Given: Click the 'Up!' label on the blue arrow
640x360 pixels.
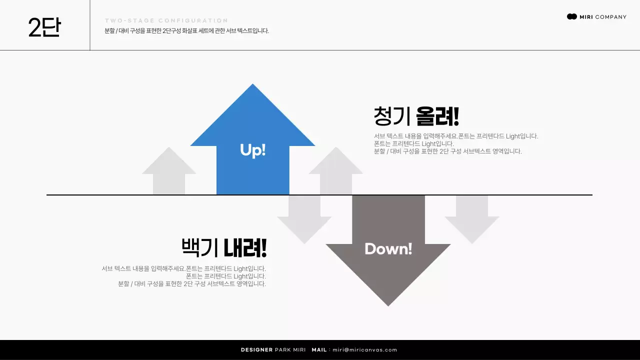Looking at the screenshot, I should [252, 150].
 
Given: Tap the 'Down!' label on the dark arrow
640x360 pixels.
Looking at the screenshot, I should [388, 248].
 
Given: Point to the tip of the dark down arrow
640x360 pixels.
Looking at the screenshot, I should [388, 304].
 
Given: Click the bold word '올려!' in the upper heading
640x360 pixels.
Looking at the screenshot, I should [437, 116].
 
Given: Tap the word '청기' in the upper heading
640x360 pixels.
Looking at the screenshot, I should [392, 116].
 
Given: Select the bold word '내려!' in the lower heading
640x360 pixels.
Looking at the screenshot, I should [245, 247].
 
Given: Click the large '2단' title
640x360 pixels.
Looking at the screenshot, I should [44, 27].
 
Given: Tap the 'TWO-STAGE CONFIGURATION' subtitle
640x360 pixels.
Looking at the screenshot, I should [166, 21].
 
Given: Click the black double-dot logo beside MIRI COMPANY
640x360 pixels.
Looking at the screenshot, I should [572, 16].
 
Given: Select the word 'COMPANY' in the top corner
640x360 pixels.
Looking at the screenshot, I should [610, 17].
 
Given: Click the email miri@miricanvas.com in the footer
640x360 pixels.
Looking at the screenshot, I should [365, 350].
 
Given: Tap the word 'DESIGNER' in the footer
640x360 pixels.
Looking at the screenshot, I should [256, 350].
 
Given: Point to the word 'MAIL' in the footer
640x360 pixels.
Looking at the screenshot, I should [319, 350].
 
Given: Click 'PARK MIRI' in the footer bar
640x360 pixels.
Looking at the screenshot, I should [290, 350].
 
